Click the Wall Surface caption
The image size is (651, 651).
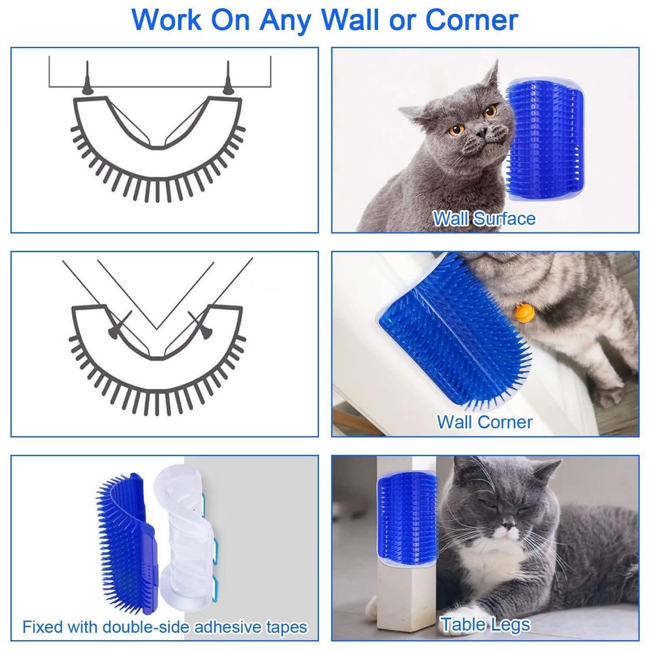coord(484,218)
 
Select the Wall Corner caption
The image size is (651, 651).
coord(484,422)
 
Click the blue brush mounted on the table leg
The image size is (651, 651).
coord(406,519)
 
